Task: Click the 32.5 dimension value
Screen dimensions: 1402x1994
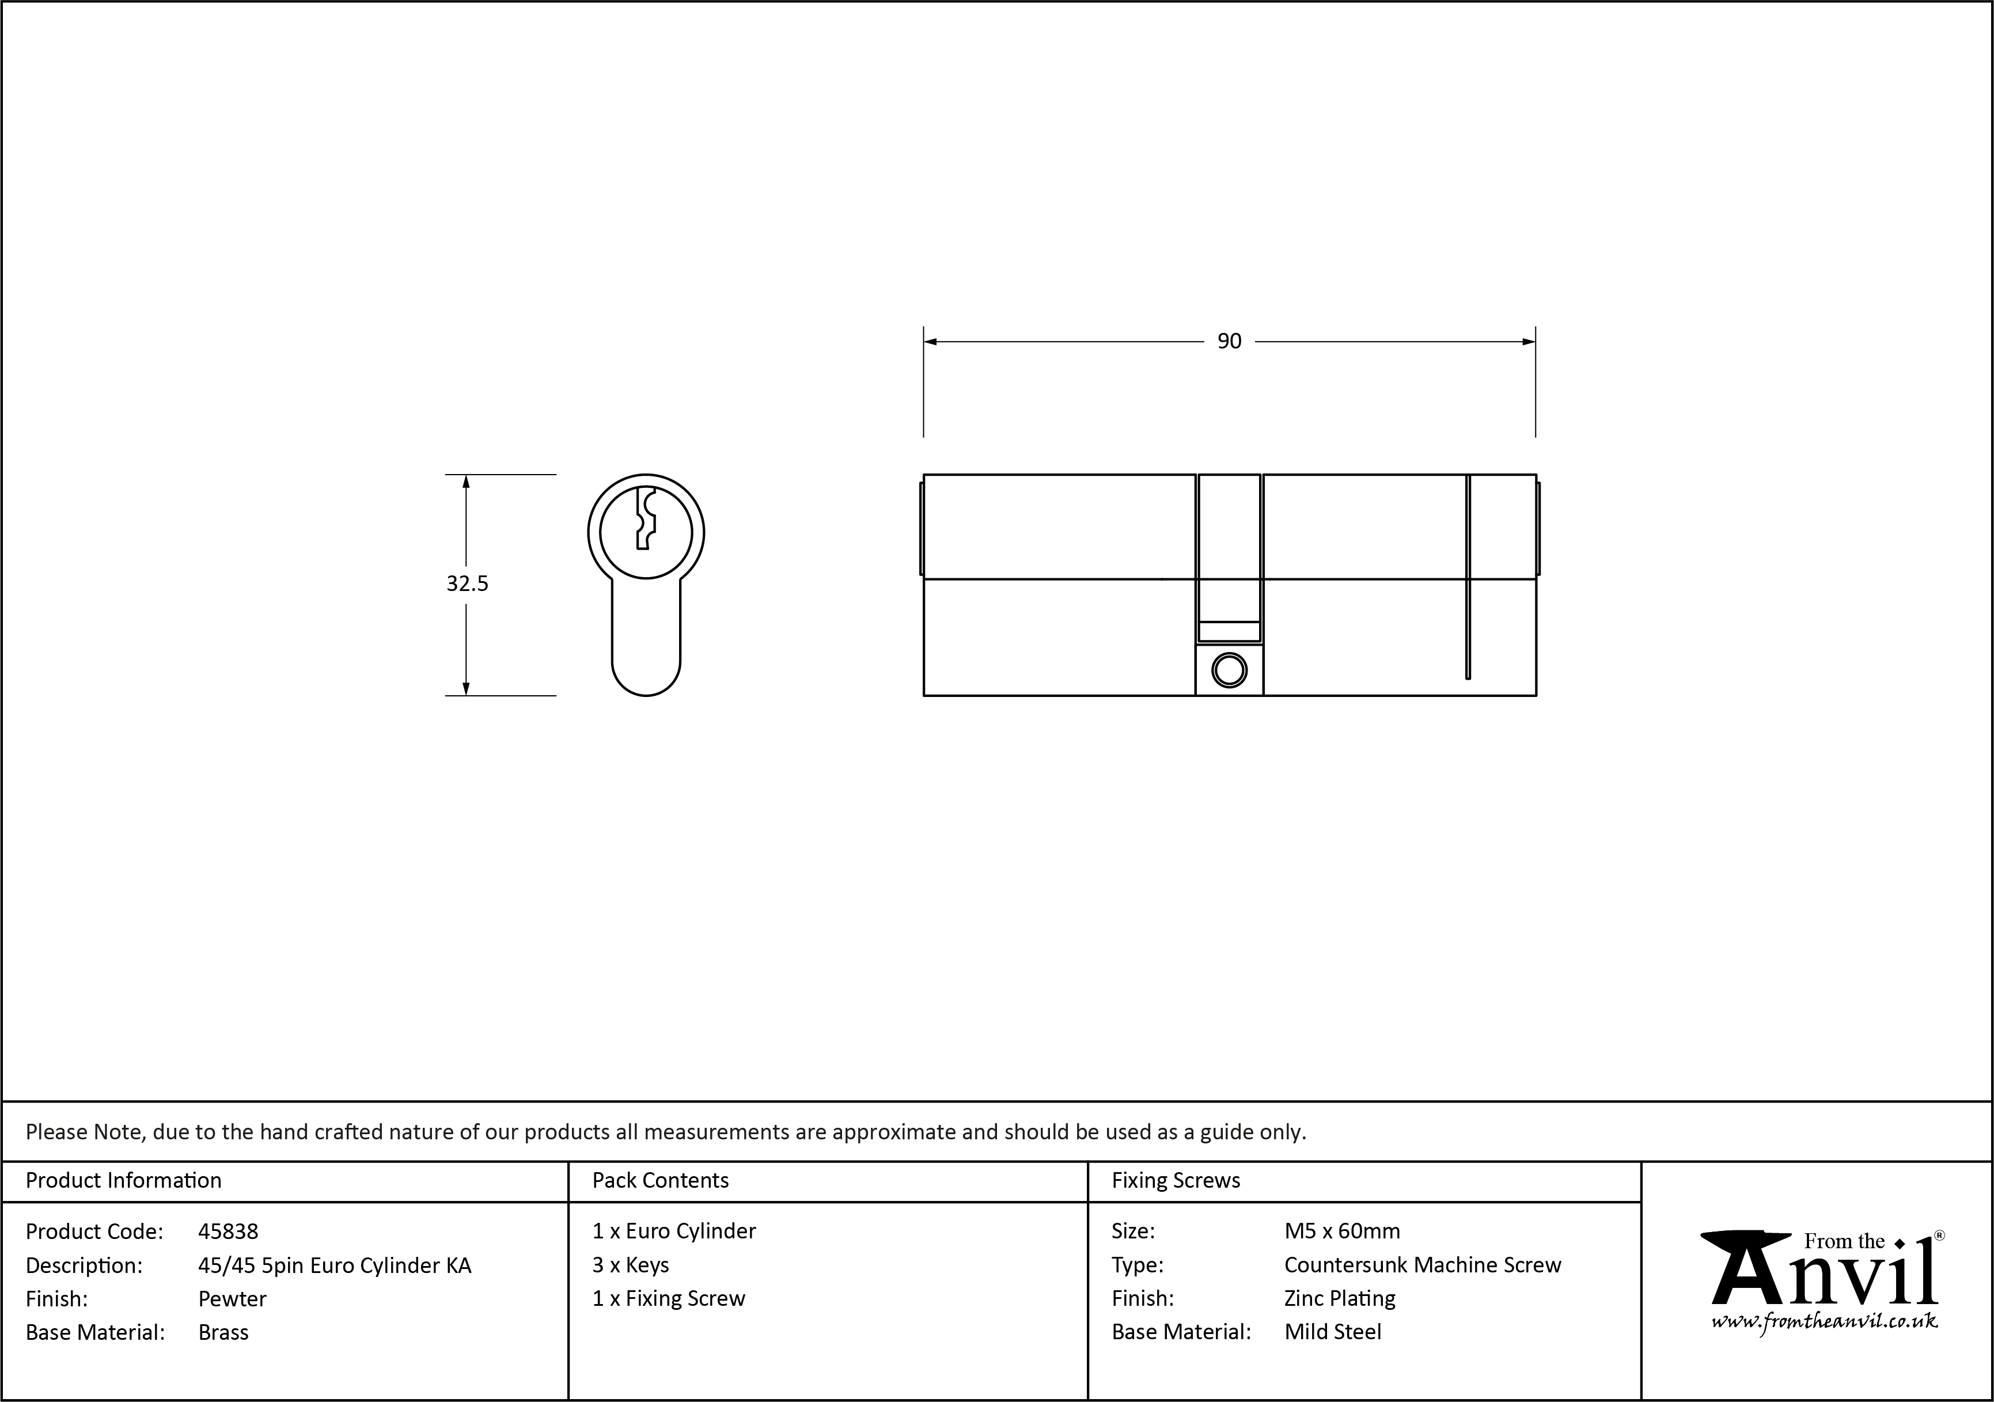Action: (x=467, y=583)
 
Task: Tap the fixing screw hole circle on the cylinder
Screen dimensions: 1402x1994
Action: (x=1229, y=670)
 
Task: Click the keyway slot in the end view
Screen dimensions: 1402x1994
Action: (x=645, y=518)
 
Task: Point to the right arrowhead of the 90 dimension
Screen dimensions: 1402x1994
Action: (x=1529, y=342)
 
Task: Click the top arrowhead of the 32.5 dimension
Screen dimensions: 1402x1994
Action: (x=467, y=481)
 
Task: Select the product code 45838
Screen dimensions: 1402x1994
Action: (x=228, y=1231)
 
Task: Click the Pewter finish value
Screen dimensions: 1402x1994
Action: (x=232, y=1299)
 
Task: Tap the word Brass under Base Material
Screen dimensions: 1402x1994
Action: (x=223, y=1332)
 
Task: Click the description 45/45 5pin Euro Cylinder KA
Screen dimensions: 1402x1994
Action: (x=335, y=1265)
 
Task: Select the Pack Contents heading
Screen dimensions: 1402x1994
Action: (x=660, y=1180)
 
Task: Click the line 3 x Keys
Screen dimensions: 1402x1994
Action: (x=631, y=1265)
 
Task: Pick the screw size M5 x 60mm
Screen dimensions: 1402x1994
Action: (x=1342, y=1231)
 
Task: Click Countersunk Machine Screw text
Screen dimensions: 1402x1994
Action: (x=1421, y=1265)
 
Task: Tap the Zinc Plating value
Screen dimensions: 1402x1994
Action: (x=1339, y=1299)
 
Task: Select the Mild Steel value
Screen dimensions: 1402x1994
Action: (x=1332, y=1332)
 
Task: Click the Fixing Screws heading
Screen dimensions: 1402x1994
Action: (x=1176, y=1180)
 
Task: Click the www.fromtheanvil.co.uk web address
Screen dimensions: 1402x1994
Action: (x=1824, y=1322)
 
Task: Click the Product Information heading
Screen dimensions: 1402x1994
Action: (x=123, y=1180)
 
